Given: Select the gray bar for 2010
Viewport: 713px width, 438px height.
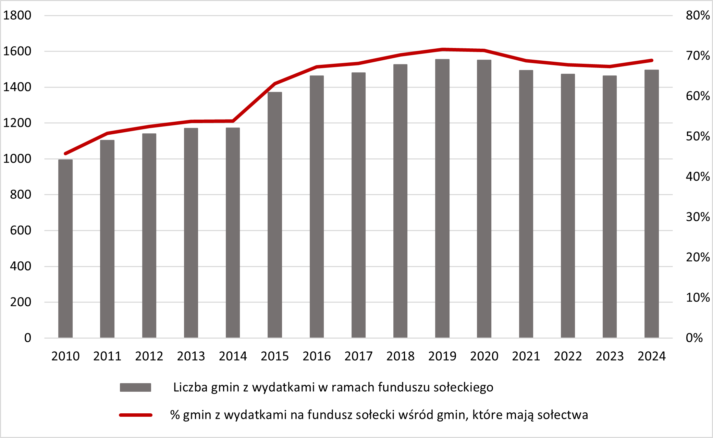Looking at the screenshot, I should click(x=65, y=248).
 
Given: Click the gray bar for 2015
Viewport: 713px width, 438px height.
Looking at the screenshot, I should click(x=275, y=215).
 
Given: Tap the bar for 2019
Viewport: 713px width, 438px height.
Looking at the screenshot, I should click(x=442, y=198).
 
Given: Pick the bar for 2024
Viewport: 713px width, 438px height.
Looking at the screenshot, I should click(x=652, y=204).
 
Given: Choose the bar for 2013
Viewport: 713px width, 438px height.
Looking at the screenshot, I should click(x=191, y=233).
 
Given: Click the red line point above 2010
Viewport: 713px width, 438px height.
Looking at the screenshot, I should click(x=65, y=154).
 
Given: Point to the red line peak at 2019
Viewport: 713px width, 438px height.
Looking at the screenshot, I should click(x=442, y=49).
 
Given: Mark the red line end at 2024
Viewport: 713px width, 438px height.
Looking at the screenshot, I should click(x=652, y=60).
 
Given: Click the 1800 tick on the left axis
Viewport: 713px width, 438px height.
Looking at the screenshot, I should click(x=17, y=15).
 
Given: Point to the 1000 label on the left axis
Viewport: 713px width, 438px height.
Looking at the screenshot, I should click(x=17, y=159).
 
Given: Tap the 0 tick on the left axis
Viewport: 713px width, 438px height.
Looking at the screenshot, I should click(x=27, y=338).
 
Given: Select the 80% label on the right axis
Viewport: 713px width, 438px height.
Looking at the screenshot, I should click(x=698, y=15).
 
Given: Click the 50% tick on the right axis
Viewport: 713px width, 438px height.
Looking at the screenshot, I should click(x=698, y=136).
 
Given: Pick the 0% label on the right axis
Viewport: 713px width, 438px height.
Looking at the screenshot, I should click(x=694, y=338).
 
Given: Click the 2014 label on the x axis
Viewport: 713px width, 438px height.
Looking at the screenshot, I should click(x=233, y=356).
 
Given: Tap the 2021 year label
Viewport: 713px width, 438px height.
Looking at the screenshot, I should click(x=526, y=356).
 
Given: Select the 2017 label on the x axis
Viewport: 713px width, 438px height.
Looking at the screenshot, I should click(x=358, y=356).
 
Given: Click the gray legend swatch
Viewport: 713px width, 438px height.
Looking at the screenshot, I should click(x=135, y=387).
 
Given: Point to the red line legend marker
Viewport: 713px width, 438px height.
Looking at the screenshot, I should click(x=135, y=415).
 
